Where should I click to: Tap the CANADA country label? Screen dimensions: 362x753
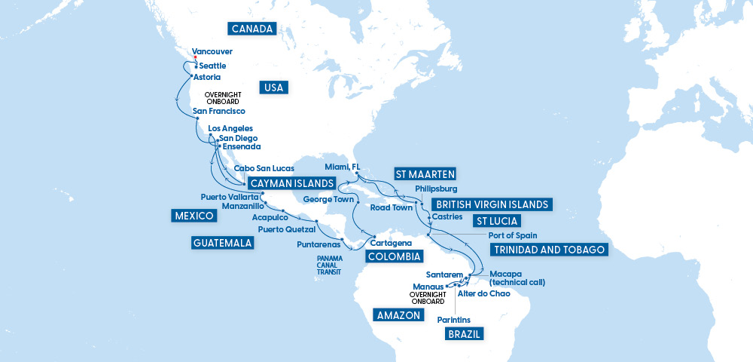(x=252, y=29)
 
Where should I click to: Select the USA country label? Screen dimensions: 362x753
(x=274, y=87)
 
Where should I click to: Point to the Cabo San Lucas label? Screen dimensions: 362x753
(x=264, y=168)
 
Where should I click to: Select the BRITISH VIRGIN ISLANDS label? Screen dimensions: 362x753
(x=490, y=204)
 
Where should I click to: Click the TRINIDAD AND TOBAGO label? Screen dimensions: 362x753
(x=548, y=250)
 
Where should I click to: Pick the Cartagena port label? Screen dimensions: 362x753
(x=392, y=244)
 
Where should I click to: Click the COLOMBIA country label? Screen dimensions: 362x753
(x=393, y=256)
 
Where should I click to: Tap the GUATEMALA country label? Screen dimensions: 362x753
(x=221, y=243)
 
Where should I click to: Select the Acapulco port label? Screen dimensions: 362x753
(x=270, y=217)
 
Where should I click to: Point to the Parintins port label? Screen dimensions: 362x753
(x=453, y=320)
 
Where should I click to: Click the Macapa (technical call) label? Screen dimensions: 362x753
(x=517, y=278)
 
